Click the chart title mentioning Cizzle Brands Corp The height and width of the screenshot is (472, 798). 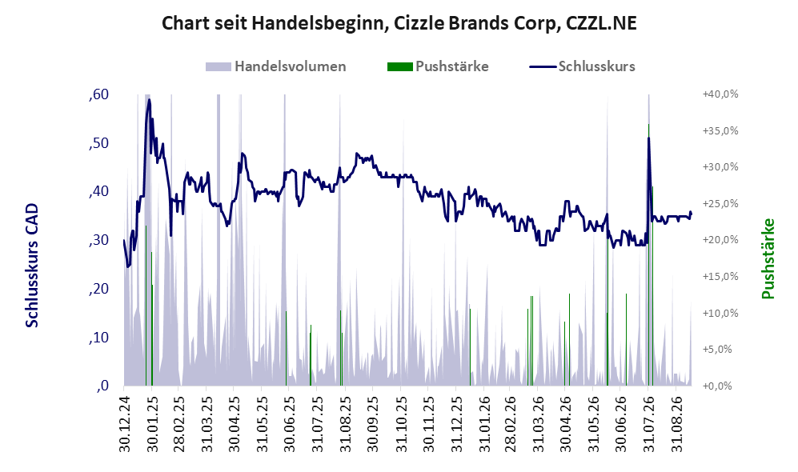point(399,23)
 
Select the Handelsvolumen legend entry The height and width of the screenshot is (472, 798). point(276,66)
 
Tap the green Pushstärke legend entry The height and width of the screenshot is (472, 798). point(438,66)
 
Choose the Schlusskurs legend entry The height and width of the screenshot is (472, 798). point(582,66)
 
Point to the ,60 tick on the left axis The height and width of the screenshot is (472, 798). point(98,94)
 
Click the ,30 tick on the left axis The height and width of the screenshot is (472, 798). point(98,240)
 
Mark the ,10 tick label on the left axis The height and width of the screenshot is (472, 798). point(98,338)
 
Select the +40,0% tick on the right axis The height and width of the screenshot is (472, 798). point(720,94)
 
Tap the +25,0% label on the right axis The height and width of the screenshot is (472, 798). point(720,203)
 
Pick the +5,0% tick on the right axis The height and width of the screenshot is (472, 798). point(718,350)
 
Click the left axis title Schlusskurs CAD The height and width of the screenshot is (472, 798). point(32,265)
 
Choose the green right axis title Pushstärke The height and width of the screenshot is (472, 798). point(768,258)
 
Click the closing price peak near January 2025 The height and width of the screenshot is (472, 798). point(149,100)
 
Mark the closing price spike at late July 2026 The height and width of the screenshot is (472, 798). point(648,138)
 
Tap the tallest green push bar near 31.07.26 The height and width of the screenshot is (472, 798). point(648,254)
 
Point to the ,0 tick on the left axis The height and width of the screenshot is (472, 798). point(102,386)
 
